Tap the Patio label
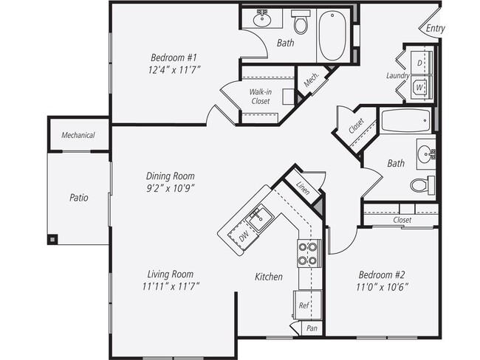[79, 198]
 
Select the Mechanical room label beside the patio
[78, 135]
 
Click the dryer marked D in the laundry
[419, 63]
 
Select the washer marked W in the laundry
[419, 88]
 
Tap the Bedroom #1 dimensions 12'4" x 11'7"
[176, 69]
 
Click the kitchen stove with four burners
[307, 254]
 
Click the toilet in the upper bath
[300, 24]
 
